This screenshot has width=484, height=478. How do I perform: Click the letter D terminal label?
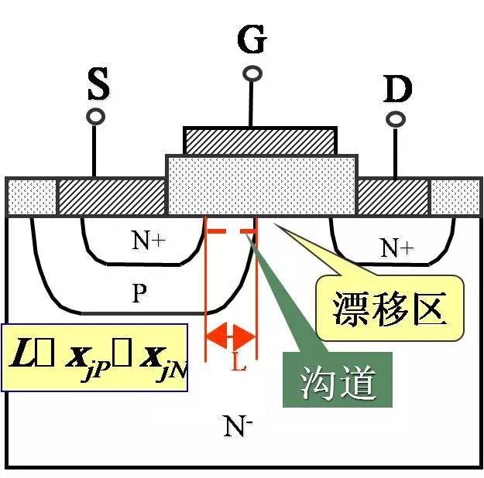pos(397,90)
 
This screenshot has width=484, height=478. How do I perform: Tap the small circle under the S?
pos(96,117)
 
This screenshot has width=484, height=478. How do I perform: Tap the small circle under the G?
pos(252,73)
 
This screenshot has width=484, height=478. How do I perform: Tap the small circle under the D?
pos(396,120)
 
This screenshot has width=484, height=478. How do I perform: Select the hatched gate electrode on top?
pos(260,140)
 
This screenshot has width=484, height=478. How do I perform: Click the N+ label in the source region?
pos(147,241)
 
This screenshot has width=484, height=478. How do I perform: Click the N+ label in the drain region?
pos(397,248)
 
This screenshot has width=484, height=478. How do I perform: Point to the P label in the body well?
pos(139,293)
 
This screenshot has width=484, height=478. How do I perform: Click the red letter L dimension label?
pos(239,361)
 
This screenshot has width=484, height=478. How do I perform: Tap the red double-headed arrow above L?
pos(230,336)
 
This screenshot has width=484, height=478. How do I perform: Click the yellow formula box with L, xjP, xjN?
pos(94,357)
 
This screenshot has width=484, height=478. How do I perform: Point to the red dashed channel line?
pos(229,232)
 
